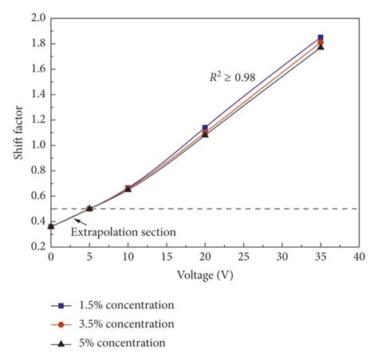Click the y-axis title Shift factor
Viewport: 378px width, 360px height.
pos(18,132)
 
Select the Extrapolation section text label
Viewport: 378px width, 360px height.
pos(124,232)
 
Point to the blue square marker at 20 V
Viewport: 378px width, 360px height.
pos(205,127)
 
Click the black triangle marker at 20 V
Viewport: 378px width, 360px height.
pos(205,135)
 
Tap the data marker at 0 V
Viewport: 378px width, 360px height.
pos(51,226)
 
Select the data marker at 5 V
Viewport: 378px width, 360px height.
pos(89,208)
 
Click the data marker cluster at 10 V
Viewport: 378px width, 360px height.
pos(128,189)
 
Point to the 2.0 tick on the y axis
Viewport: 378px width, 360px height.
pos(37,18)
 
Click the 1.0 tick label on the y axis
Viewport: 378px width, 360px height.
pos(37,145)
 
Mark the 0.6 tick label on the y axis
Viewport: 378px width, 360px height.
pos(37,196)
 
